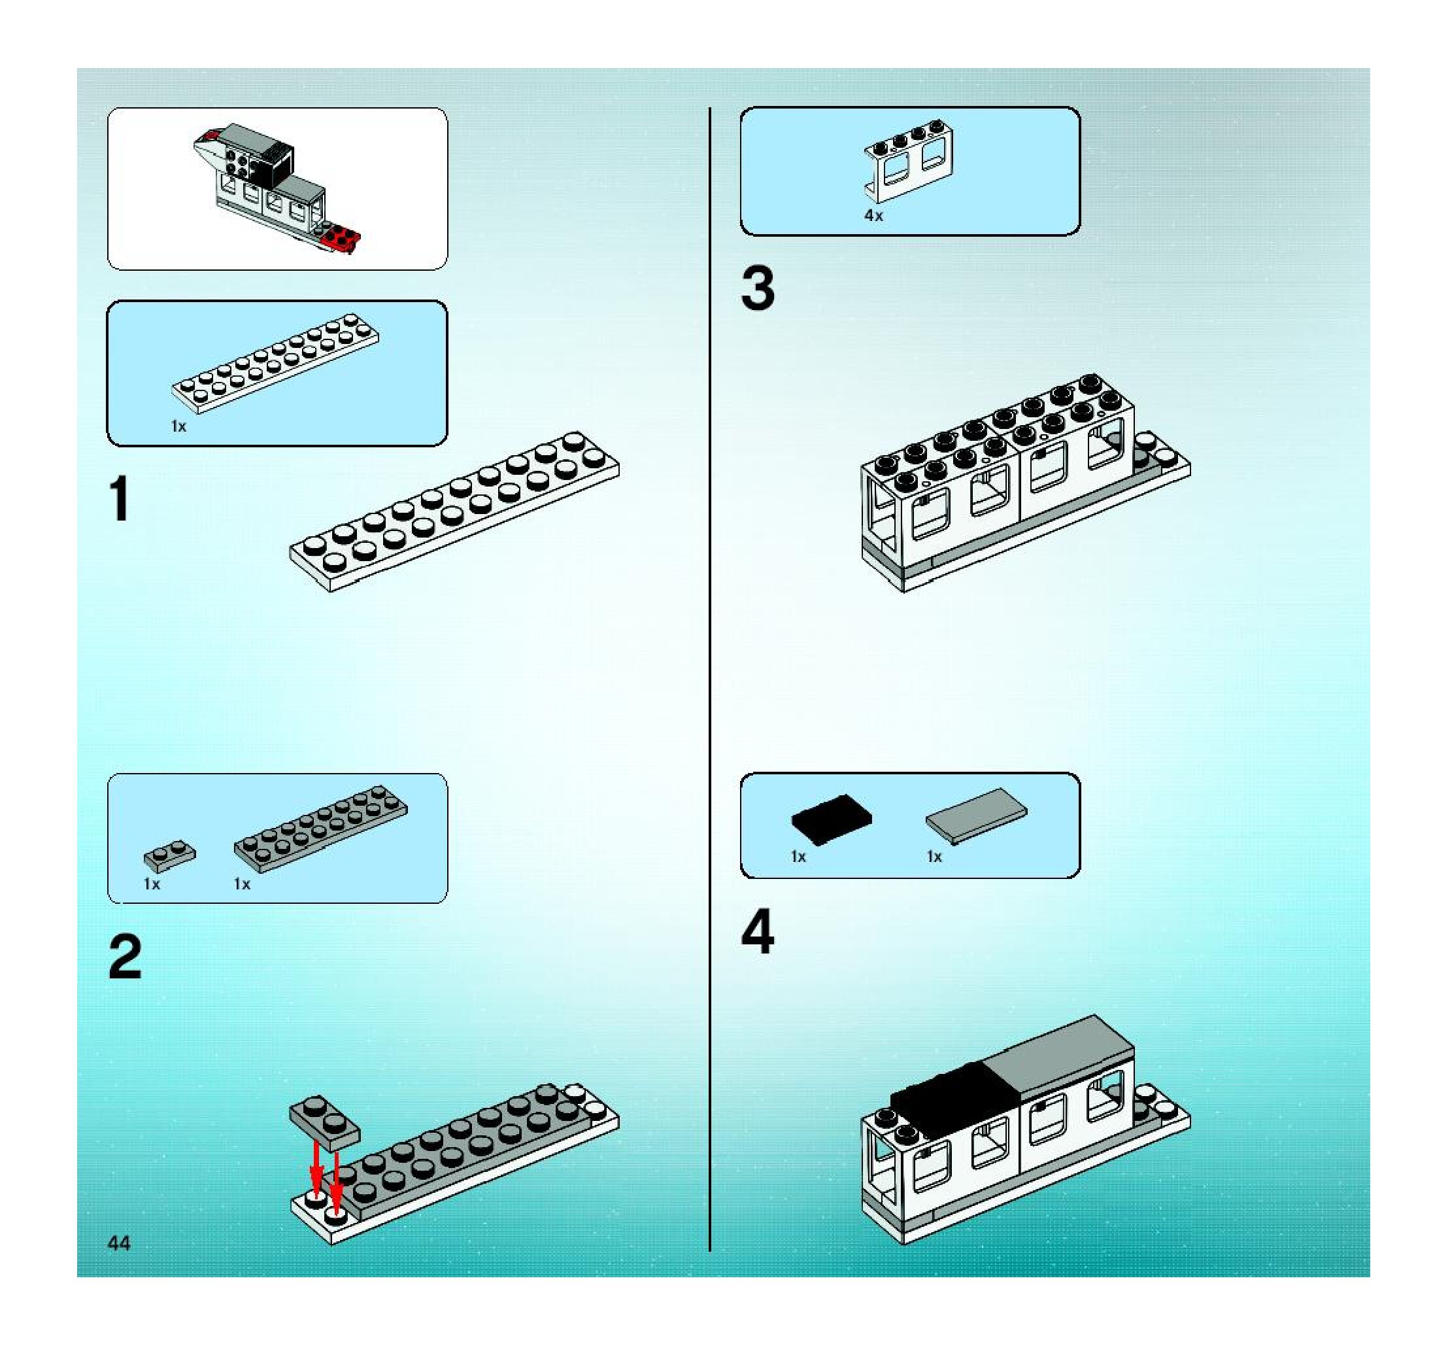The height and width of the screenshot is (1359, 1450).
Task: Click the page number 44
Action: click(119, 1243)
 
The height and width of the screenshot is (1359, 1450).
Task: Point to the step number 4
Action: click(758, 931)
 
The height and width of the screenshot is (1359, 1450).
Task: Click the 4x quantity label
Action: click(874, 215)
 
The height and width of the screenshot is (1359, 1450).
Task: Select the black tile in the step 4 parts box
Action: click(832, 819)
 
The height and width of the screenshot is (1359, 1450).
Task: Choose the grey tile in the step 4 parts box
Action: click(977, 816)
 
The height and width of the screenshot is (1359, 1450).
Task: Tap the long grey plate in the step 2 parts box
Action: click(321, 829)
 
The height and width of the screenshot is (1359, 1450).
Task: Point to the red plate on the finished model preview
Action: click(341, 239)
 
